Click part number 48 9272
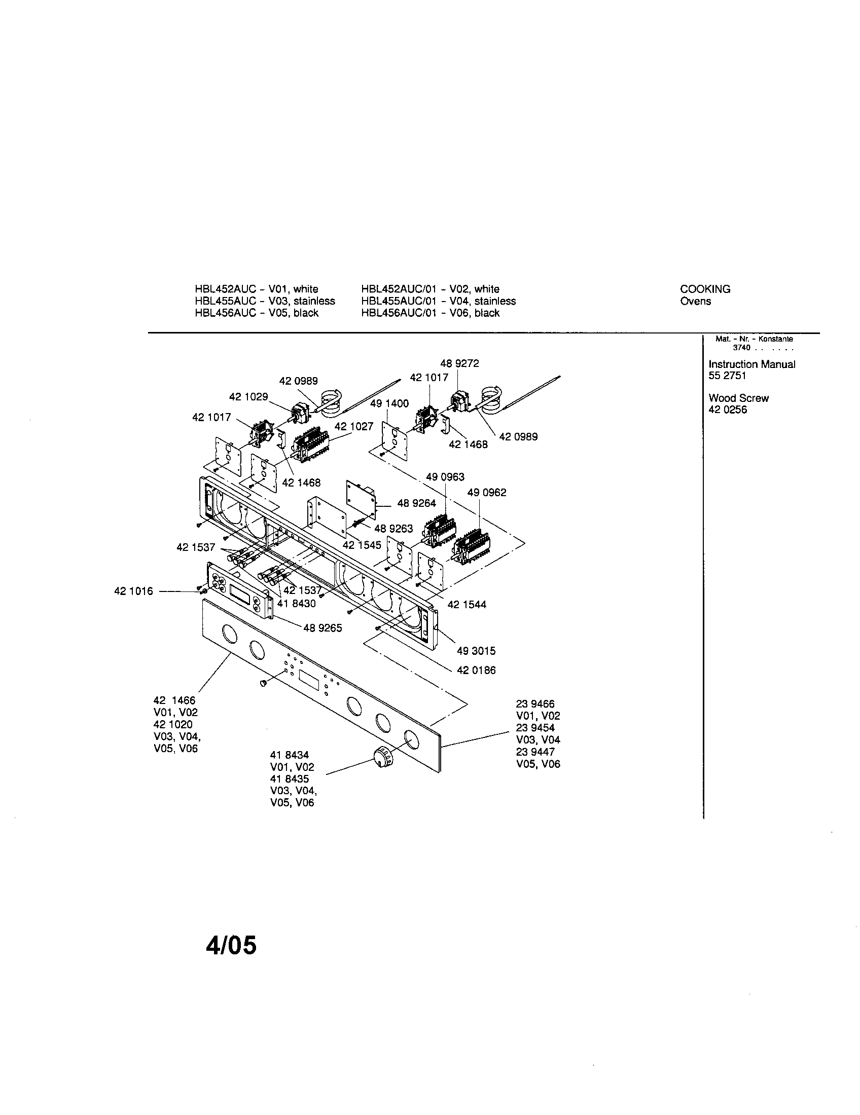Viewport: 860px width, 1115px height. pyautogui.click(x=459, y=363)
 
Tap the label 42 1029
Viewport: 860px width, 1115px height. pyautogui.click(x=248, y=397)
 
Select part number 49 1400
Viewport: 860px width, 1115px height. pyautogui.click(x=389, y=403)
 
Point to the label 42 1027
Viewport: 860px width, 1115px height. pyautogui.click(x=354, y=426)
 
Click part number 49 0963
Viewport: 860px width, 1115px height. pyautogui.click(x=445, y=477)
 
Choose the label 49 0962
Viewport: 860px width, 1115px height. pyautogui.click(x=487, y=493)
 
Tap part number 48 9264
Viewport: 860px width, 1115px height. pyautogui.click(x=416, y=503)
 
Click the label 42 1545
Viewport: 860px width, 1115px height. pyautogui.click(x=362, y=545)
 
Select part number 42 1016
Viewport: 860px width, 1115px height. pyautogui.click(x=133, y=591)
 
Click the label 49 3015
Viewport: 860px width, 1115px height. pyautogui.click(x=476, y=651)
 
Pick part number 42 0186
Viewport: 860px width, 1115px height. pyautogui.click(x=476, y=671)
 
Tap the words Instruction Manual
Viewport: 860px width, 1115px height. pyautogui.click(x=751, y=364)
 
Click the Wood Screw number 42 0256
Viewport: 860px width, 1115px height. pyautogui.click(x=727, y=410)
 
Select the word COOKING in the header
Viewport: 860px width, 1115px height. pyautogui.click(x=705, y=289)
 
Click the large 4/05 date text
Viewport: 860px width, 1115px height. pyautogui.click(x=231, y=946)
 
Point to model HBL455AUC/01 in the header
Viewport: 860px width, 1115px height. pyautogui.click(x=399, y=301)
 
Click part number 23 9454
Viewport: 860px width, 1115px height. pyautogui.click(x=534, y=728)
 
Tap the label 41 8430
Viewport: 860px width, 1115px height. pyautogui.click(x=296, y=604)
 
